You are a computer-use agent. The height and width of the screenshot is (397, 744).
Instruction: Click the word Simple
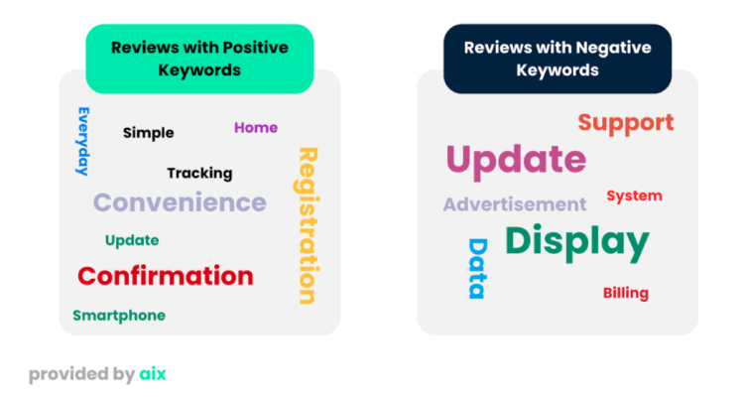click(x=148, y=133)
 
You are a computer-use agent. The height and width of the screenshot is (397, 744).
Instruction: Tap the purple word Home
click(x=256, y=128)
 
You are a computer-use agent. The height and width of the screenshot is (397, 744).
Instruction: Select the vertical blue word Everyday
click(x=83, y=142)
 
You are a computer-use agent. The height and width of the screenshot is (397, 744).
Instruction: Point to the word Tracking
click(x=199, y=174)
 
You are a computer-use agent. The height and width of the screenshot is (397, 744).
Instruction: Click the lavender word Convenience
click(x=180, y=202)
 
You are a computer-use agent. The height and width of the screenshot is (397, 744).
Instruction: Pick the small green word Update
click(x=132, y=240)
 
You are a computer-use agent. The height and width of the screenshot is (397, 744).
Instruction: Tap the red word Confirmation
click(x=166, y=276)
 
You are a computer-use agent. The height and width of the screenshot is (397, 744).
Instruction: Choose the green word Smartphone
click(x=119, y=316)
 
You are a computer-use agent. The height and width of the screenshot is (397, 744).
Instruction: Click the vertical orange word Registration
click(x=308, y=225)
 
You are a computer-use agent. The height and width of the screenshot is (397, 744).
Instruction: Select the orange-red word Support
click(x=626, y=123)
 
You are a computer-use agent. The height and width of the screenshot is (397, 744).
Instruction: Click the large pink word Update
click(x=516, y=160)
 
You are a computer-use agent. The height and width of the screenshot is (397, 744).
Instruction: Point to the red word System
click(x=635, y=196)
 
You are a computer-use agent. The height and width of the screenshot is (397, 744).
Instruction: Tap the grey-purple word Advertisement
click(x=515, y=204)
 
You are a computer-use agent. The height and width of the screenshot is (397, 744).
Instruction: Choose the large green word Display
click(x=577, y=242)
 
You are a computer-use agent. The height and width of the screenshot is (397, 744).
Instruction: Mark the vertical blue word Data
click(x=478, y=269)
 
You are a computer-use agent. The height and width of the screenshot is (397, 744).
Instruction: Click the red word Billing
click(x=626, y=293)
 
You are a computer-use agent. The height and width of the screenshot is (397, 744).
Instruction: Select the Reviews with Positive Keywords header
click(x=199, y=59)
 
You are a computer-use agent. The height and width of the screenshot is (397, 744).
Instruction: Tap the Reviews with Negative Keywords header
click(x=558, y=59)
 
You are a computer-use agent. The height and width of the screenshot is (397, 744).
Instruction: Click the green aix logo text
click(x=153, y=374)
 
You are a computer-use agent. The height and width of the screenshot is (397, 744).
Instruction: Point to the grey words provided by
click(x=82, y=375)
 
